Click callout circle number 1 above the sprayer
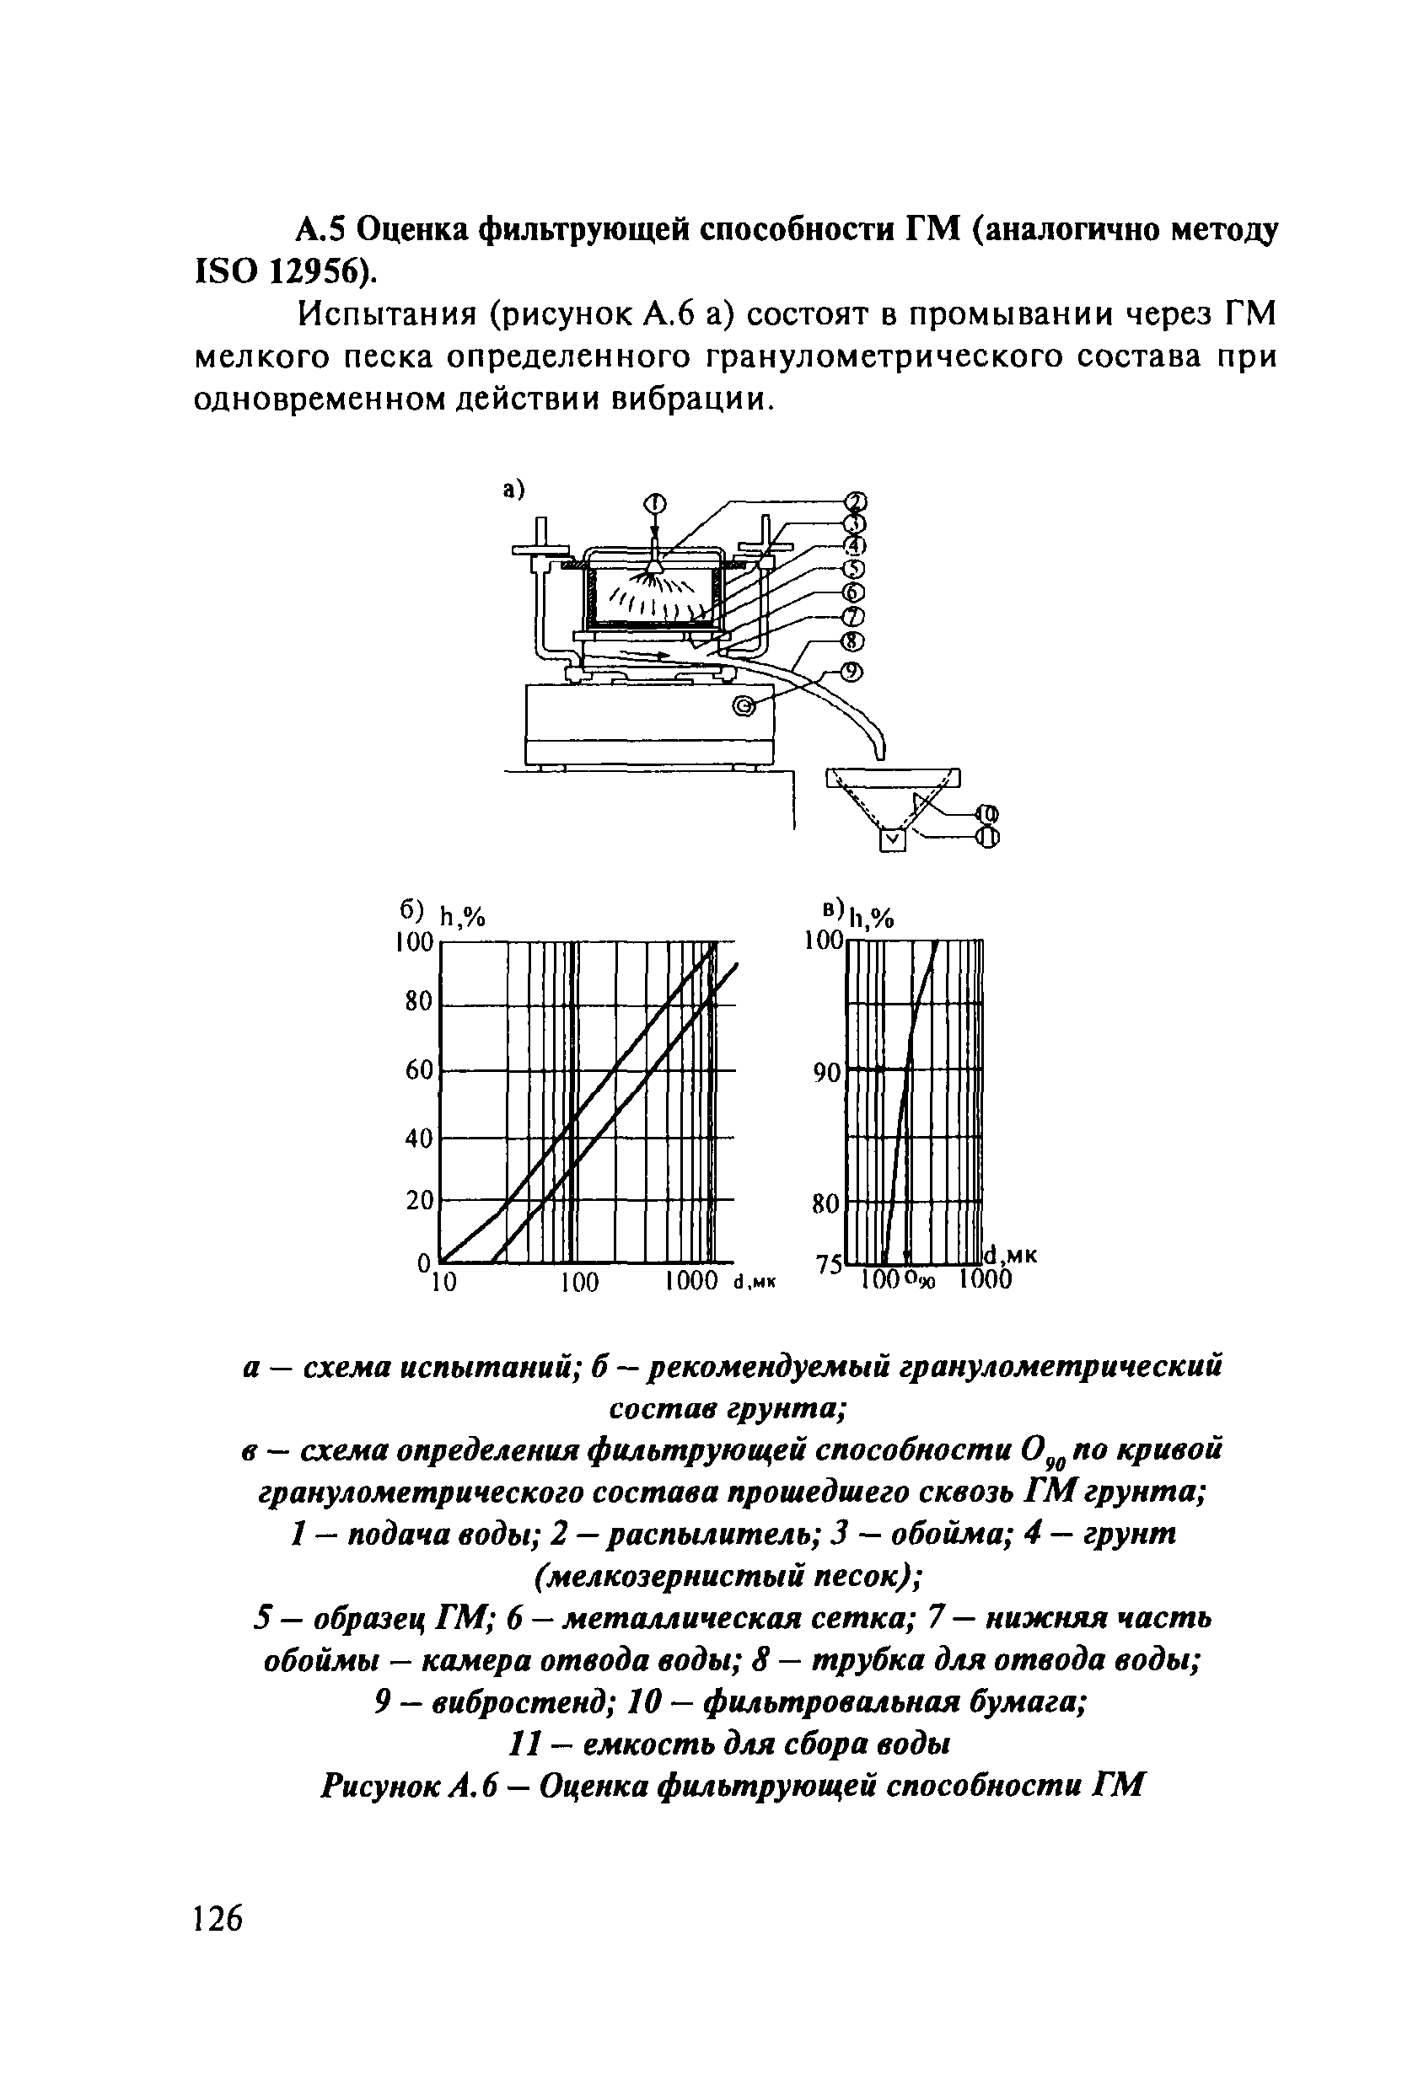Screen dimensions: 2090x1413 click(656, 503)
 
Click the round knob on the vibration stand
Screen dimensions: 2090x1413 click(744, 706)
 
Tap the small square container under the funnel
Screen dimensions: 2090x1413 click(891, 840)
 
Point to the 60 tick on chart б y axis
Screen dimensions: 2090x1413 click(420, 1070)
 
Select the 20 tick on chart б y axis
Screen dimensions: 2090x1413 click(420, 1201)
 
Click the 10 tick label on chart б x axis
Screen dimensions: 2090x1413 click(442, 1283)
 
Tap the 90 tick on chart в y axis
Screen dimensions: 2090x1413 click(825, 1072)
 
